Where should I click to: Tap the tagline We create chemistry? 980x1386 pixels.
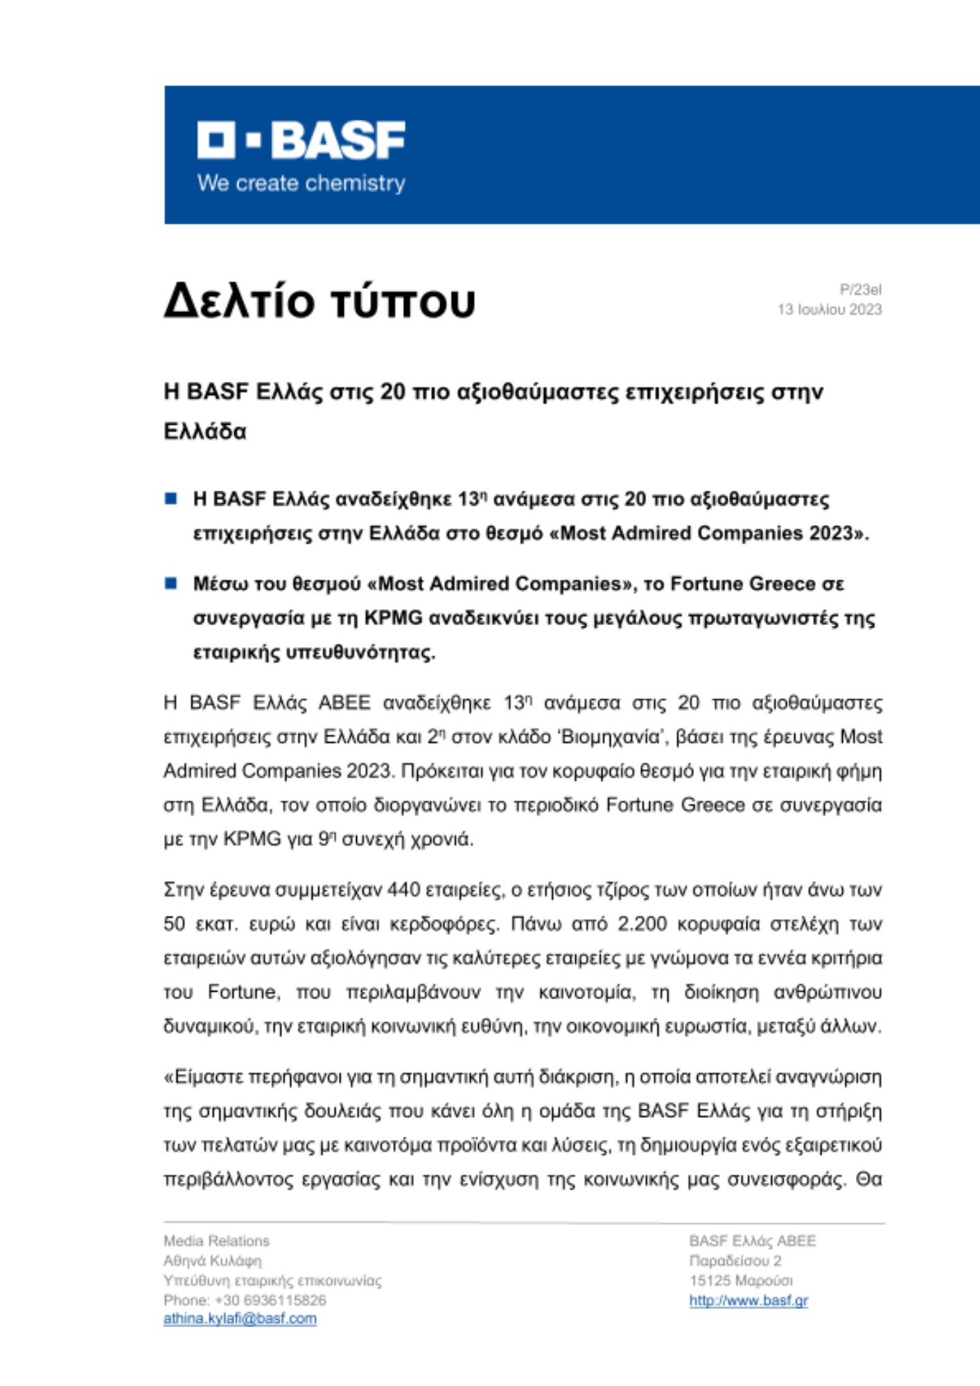point(301,184)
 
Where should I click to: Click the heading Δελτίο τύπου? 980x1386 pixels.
point(320,301)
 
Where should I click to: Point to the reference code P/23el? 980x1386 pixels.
point(860,290)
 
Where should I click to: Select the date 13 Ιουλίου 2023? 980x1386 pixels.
point(829,310)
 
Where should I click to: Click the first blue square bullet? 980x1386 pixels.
point(171,498)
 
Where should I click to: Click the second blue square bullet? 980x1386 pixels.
point(171,583)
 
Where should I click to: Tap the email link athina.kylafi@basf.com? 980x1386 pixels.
point(240,1319)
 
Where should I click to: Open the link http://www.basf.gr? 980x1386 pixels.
point(749,1300)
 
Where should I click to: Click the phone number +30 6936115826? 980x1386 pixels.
point(270,1300)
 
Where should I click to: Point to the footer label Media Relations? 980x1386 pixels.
point(216,1240)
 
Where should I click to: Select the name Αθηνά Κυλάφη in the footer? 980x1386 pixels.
point(213,1261)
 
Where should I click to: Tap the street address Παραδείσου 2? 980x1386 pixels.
point(735,1261)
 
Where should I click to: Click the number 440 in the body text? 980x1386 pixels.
point(404,889)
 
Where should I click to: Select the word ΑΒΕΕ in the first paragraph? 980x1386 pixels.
point(344,703)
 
